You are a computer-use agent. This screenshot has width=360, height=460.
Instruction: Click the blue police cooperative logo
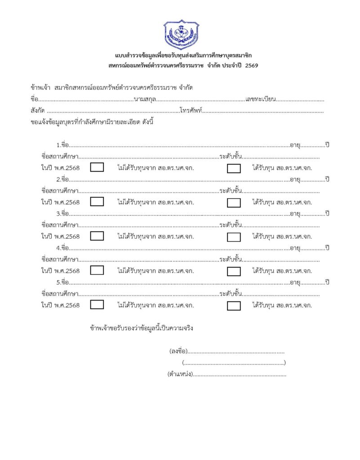click(x=180, y=35)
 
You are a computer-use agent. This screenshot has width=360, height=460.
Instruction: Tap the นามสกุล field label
click(x=145, y=99)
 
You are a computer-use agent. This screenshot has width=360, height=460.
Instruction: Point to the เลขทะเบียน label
click(x=261, y=99)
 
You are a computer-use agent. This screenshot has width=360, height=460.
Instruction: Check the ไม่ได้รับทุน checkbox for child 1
click(x=97, y=168)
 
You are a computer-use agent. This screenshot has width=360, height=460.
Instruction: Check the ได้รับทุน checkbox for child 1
click(x=234, y=168)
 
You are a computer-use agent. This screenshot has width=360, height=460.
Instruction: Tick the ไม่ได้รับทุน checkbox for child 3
click(x=97, y=236)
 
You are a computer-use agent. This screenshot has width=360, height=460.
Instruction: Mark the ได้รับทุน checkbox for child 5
click(x=234, y=305)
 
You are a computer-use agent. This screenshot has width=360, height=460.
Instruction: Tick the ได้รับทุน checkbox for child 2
click(x=234, y=203)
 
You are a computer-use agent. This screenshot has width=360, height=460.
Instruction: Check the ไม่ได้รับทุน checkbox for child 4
click(x=97, y=270)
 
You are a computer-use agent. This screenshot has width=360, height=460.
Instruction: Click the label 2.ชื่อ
click(x=62, y=179)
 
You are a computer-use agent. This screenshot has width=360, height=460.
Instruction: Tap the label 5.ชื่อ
click(x=62, y=282)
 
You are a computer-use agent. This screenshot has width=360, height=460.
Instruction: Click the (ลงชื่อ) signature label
click(x=178, y=351)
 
